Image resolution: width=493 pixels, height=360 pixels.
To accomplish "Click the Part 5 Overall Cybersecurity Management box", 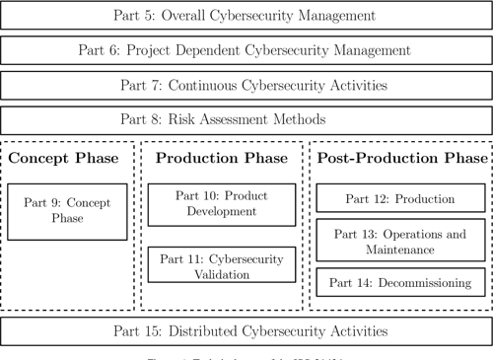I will (246, 15).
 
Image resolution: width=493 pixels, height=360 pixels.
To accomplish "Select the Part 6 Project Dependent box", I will (246, 49).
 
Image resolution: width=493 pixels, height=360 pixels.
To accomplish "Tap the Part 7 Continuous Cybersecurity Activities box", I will (246, 85).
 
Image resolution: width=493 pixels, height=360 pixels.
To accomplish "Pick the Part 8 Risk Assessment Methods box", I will (246, 120).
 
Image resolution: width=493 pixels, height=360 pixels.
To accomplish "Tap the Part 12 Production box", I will (399, 199).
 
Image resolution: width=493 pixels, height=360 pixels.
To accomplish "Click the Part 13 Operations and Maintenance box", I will (399, 242).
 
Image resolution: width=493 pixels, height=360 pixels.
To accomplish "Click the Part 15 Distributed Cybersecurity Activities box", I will (246, 330).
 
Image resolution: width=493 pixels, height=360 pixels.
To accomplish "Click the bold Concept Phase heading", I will (67, 159).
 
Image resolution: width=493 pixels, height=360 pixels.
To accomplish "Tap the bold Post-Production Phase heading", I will (399, 159).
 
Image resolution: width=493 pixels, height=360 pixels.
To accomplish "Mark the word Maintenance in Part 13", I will (399, 250).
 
